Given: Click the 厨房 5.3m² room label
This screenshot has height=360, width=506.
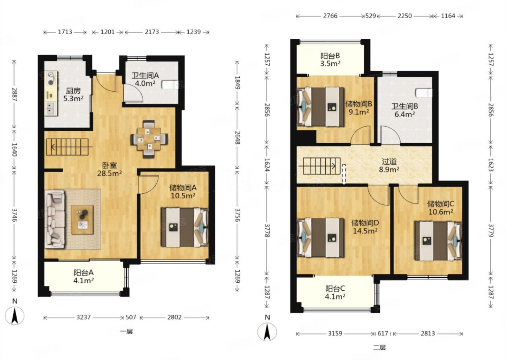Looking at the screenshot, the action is (73, 95).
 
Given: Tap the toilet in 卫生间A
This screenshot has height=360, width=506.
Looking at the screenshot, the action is (170, 85).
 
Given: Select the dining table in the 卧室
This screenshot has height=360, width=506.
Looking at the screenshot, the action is (149, 139).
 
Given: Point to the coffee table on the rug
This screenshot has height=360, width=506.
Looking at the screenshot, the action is (82, 219).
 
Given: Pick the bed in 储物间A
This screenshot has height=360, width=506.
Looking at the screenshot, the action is (184, 227).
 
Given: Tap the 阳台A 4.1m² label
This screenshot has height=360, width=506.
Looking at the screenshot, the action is (83, 276).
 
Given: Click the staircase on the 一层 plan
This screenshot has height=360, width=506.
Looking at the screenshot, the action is (67, 147).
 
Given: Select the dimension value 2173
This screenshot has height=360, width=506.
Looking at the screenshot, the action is (151, 32).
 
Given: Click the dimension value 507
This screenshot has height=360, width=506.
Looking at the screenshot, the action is (131, 317).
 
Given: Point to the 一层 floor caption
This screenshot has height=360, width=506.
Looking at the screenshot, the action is (126, 332).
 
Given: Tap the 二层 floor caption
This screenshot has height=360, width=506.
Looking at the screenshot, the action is (379, 347).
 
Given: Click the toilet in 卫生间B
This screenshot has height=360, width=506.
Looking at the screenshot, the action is (424, 93).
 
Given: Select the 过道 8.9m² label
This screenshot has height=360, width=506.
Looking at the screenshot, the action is (389, 166).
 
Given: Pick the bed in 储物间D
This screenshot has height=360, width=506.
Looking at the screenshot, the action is (320, 238).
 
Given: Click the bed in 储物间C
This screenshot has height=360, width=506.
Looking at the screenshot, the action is (438, 241).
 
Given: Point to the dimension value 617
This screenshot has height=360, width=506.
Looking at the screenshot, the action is (383, 333).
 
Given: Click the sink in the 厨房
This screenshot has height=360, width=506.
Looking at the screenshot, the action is (50, 108).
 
